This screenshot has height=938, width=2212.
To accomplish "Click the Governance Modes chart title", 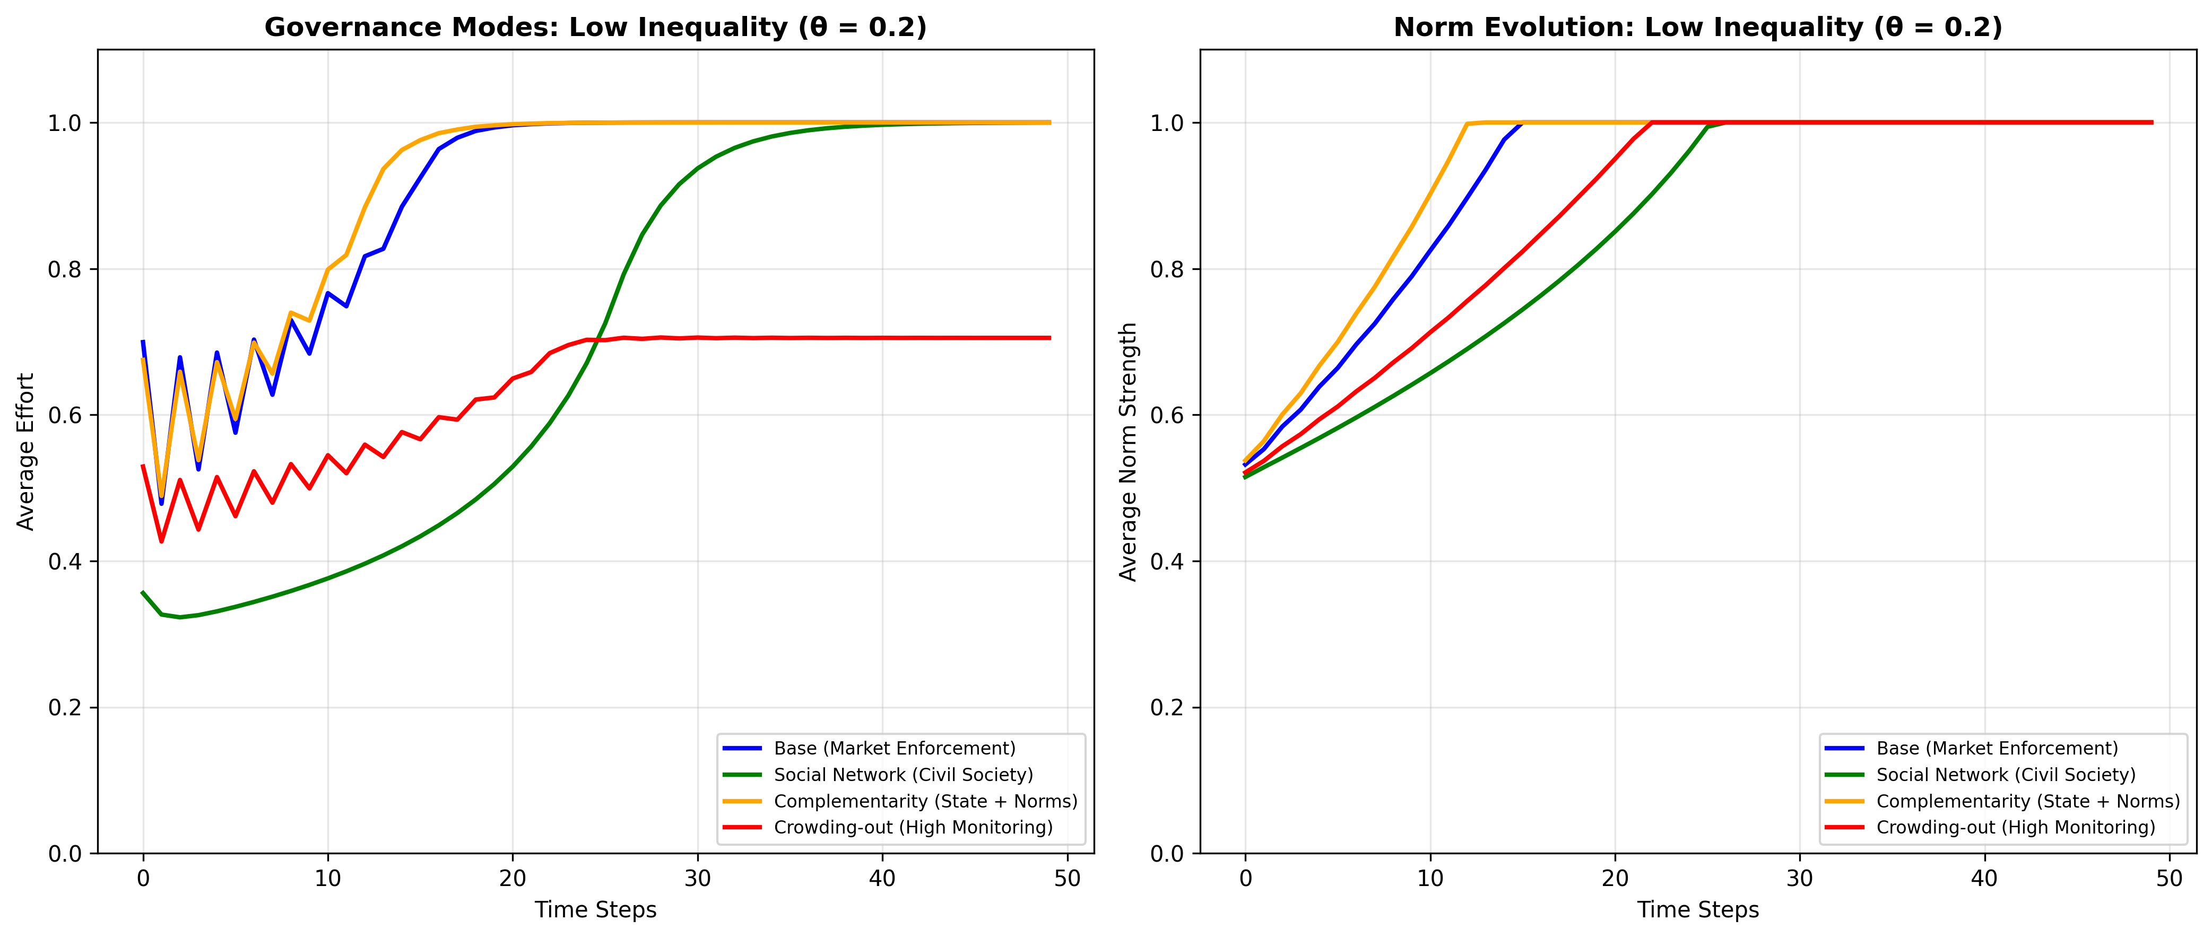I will [595, 28].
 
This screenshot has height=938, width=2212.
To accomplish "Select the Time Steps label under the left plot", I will [595, 910].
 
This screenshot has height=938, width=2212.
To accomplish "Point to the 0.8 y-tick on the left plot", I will [64, 269].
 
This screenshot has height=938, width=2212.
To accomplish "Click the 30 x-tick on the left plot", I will [697, 879].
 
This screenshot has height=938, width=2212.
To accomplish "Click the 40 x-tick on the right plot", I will [1984, 879].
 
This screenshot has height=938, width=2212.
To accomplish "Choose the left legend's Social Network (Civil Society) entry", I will [903, 775].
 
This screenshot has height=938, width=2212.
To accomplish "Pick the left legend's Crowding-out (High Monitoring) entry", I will [913, 827].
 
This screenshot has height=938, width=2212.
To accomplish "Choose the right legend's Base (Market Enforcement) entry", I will [1997, 748].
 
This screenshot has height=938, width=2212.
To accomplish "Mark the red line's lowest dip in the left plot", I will [161, 541].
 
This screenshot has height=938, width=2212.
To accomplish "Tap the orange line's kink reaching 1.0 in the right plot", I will [1467, 124].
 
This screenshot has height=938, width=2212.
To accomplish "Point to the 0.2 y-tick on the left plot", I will [64, 708].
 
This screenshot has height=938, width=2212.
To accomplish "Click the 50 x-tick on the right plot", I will [2169, 879].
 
